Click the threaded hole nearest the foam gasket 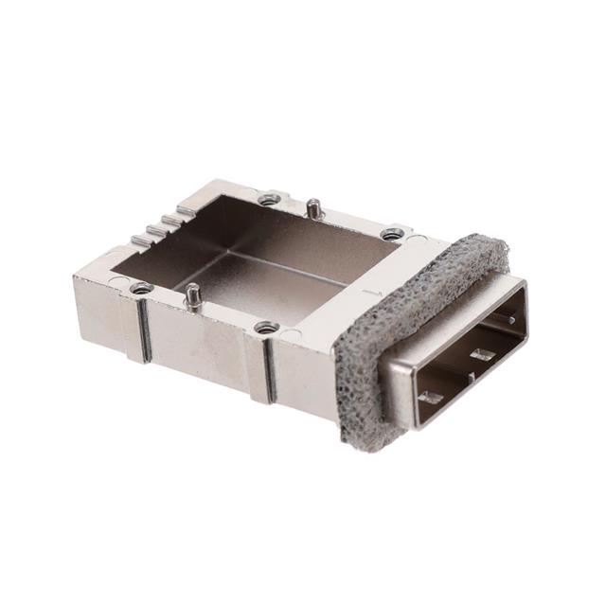(391, 234)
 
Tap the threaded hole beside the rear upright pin (270, 199)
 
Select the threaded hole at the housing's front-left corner (141, 287)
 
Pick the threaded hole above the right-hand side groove (266, 328)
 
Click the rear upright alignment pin (312, 207)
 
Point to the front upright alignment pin (193, 296)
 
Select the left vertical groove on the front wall (146, 331)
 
